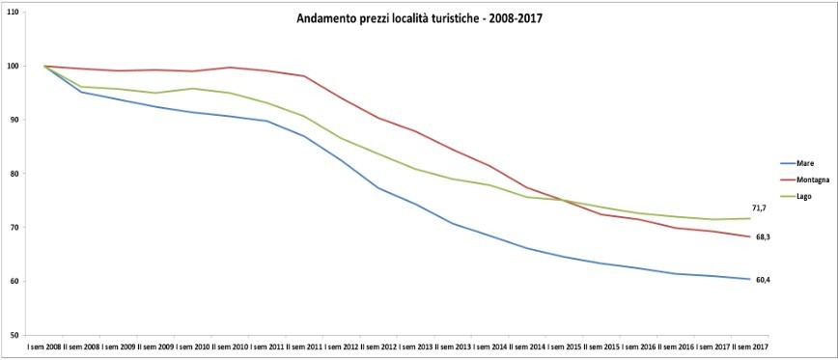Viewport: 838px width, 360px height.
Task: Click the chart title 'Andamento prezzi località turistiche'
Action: tap(419, 18)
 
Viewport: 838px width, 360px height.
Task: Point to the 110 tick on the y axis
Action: tap(13, 13)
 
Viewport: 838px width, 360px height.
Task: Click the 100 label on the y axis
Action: tap(13, 67)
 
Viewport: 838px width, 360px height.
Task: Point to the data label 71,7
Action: tap(760, 208)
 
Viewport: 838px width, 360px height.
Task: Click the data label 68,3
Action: tap(762, 237)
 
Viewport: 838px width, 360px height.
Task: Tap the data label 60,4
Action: tap(762, 280)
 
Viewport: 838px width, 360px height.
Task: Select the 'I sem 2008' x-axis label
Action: tap(44, 346)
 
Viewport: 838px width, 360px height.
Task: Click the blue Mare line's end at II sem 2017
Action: tap(749, 279)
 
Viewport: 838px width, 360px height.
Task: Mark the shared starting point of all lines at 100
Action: tap(44, 66)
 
